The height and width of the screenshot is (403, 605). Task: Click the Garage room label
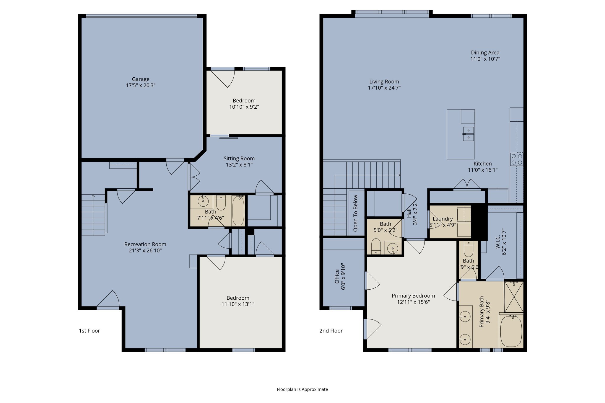tap(141, 79)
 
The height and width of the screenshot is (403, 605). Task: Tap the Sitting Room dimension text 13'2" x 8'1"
tap(239, 165)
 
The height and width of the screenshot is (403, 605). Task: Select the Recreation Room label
tap(145, 244)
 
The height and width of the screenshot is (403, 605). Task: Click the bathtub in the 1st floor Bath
tap(238, 211)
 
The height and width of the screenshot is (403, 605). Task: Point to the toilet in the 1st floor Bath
tap(221, 203)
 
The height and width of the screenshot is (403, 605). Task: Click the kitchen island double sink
tap(468, 134)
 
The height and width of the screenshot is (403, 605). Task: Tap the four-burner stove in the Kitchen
tap(517, 159)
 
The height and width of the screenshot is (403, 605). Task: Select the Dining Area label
tap(485, 53)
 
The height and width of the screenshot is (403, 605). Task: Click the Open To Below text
tap(355, 213)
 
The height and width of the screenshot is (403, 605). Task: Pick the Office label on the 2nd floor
tap(337, 276)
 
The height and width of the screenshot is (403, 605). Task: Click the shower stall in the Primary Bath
tap(514, 297)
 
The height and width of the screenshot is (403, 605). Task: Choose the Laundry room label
tap(443, 219)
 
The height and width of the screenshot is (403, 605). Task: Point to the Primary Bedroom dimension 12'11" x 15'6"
tap(413, 302)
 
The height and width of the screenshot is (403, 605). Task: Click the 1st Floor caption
tap(89, 331)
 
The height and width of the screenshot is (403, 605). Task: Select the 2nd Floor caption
tap(331, 331)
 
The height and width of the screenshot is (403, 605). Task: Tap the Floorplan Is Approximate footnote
tap(302, 389)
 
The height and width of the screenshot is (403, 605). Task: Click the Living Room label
tap(384, 81)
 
